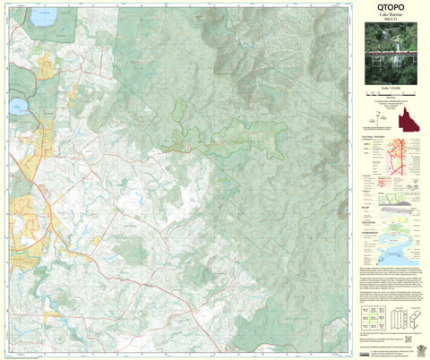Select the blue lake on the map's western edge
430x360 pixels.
tap(17, 108)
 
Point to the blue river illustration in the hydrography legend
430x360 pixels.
tap(399, 246)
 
